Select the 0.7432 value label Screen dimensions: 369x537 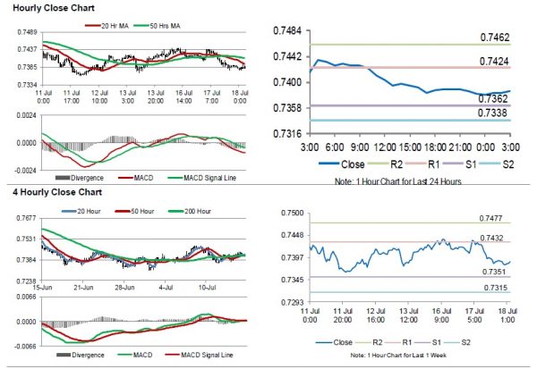click(501, 237)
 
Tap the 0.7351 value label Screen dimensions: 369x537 click(501, 272)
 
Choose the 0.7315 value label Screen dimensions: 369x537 click(501, 288)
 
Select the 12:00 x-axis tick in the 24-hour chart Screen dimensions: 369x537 click(387, 145)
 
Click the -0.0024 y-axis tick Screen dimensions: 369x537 click(24, 169)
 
